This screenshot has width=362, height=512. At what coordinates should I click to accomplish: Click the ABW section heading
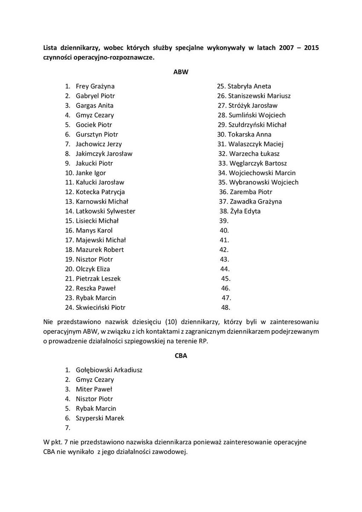(181, 72)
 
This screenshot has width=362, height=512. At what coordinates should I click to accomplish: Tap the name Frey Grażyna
(95, 86)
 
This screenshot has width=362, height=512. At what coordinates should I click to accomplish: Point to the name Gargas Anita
(95, 105)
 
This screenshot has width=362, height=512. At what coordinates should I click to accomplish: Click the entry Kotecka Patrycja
(100, 192)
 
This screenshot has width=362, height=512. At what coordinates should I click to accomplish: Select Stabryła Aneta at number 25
(249, 86)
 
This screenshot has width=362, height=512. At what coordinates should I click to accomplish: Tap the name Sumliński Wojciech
(257, 115)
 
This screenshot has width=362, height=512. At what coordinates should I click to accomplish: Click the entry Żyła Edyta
(245, 211)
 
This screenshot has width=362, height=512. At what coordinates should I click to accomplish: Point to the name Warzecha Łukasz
(254, 154)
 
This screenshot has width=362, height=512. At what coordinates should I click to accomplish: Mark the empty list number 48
(226, 307)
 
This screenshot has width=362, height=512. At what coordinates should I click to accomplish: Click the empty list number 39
(224, 221)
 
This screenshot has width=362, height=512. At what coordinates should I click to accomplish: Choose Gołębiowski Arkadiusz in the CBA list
(109, 370)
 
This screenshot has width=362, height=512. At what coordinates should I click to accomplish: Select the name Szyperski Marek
(100, 418)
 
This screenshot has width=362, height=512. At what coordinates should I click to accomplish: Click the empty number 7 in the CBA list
(67, 428)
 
